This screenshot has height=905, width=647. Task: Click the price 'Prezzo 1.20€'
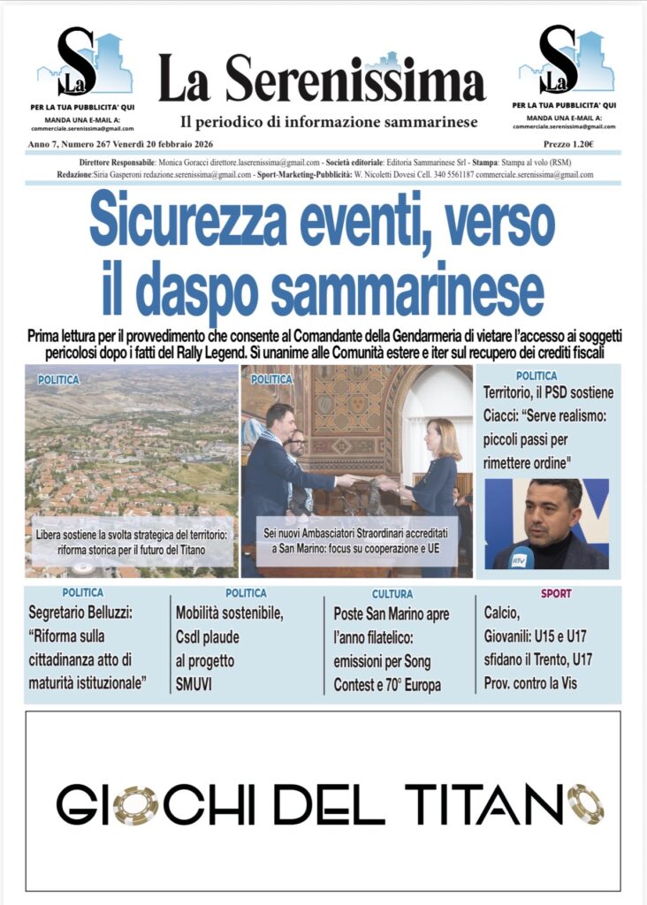[x=568, y=144]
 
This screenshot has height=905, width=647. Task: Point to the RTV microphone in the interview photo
[x=520, y=558]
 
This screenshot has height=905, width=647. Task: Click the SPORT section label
[x=556, y=593]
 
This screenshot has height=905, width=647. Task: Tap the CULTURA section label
[x=392, y=594]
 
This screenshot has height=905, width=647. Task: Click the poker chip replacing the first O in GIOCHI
[x=135, y=804]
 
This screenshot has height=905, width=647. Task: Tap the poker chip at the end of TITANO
[x=585, y=804]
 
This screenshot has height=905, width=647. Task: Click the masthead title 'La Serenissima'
[x=322, y=78]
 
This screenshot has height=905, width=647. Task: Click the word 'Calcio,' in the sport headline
[x=503, y=612]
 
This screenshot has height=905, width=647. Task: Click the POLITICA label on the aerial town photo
[x=58, y=379]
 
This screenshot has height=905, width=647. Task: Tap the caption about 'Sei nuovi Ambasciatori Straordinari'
[x=356, y=541]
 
